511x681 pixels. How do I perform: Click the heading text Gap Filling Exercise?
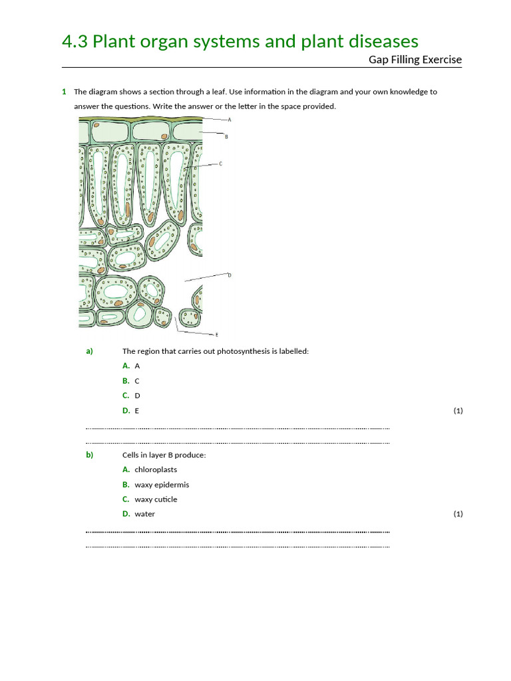click(x=415, y=60)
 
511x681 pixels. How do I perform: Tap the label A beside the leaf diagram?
click(x=230, y=120)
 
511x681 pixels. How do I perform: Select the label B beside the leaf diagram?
click(x=227, y=137)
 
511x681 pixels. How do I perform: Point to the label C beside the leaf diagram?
click(x=221, y=163)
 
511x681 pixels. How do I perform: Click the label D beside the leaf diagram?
click(x=230, y=275)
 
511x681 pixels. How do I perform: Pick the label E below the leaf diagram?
click(x=216, y=335)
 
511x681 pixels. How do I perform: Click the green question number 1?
click(x=64, y=92)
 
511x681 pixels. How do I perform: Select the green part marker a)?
click(x=89, y=351)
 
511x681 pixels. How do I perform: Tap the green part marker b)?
click(x=89, y=455)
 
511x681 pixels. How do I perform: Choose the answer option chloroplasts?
click(x=156, y=470)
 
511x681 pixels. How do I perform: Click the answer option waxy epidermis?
click(x=162, y=485)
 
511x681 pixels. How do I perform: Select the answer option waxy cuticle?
click(x=156, y=499)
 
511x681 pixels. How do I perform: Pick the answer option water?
click(x=144, y=514)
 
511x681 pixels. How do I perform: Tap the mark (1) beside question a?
click(x=458, y=411)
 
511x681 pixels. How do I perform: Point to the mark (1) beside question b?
click(x=458, y=514)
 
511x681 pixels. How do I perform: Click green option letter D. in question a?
click(x=126, y=411)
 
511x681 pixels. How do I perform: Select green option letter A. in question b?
click(x=126, y=470)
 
